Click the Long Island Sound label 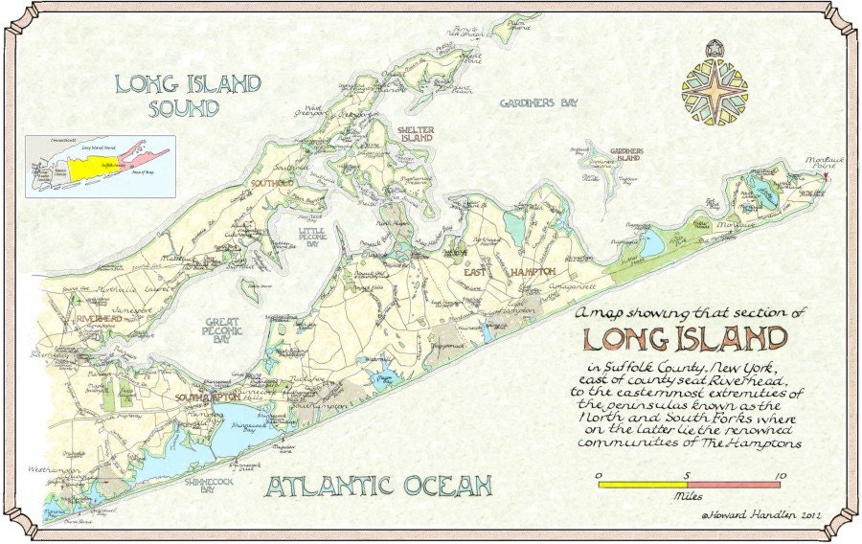coord(187,96)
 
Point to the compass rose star coord(714,87)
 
